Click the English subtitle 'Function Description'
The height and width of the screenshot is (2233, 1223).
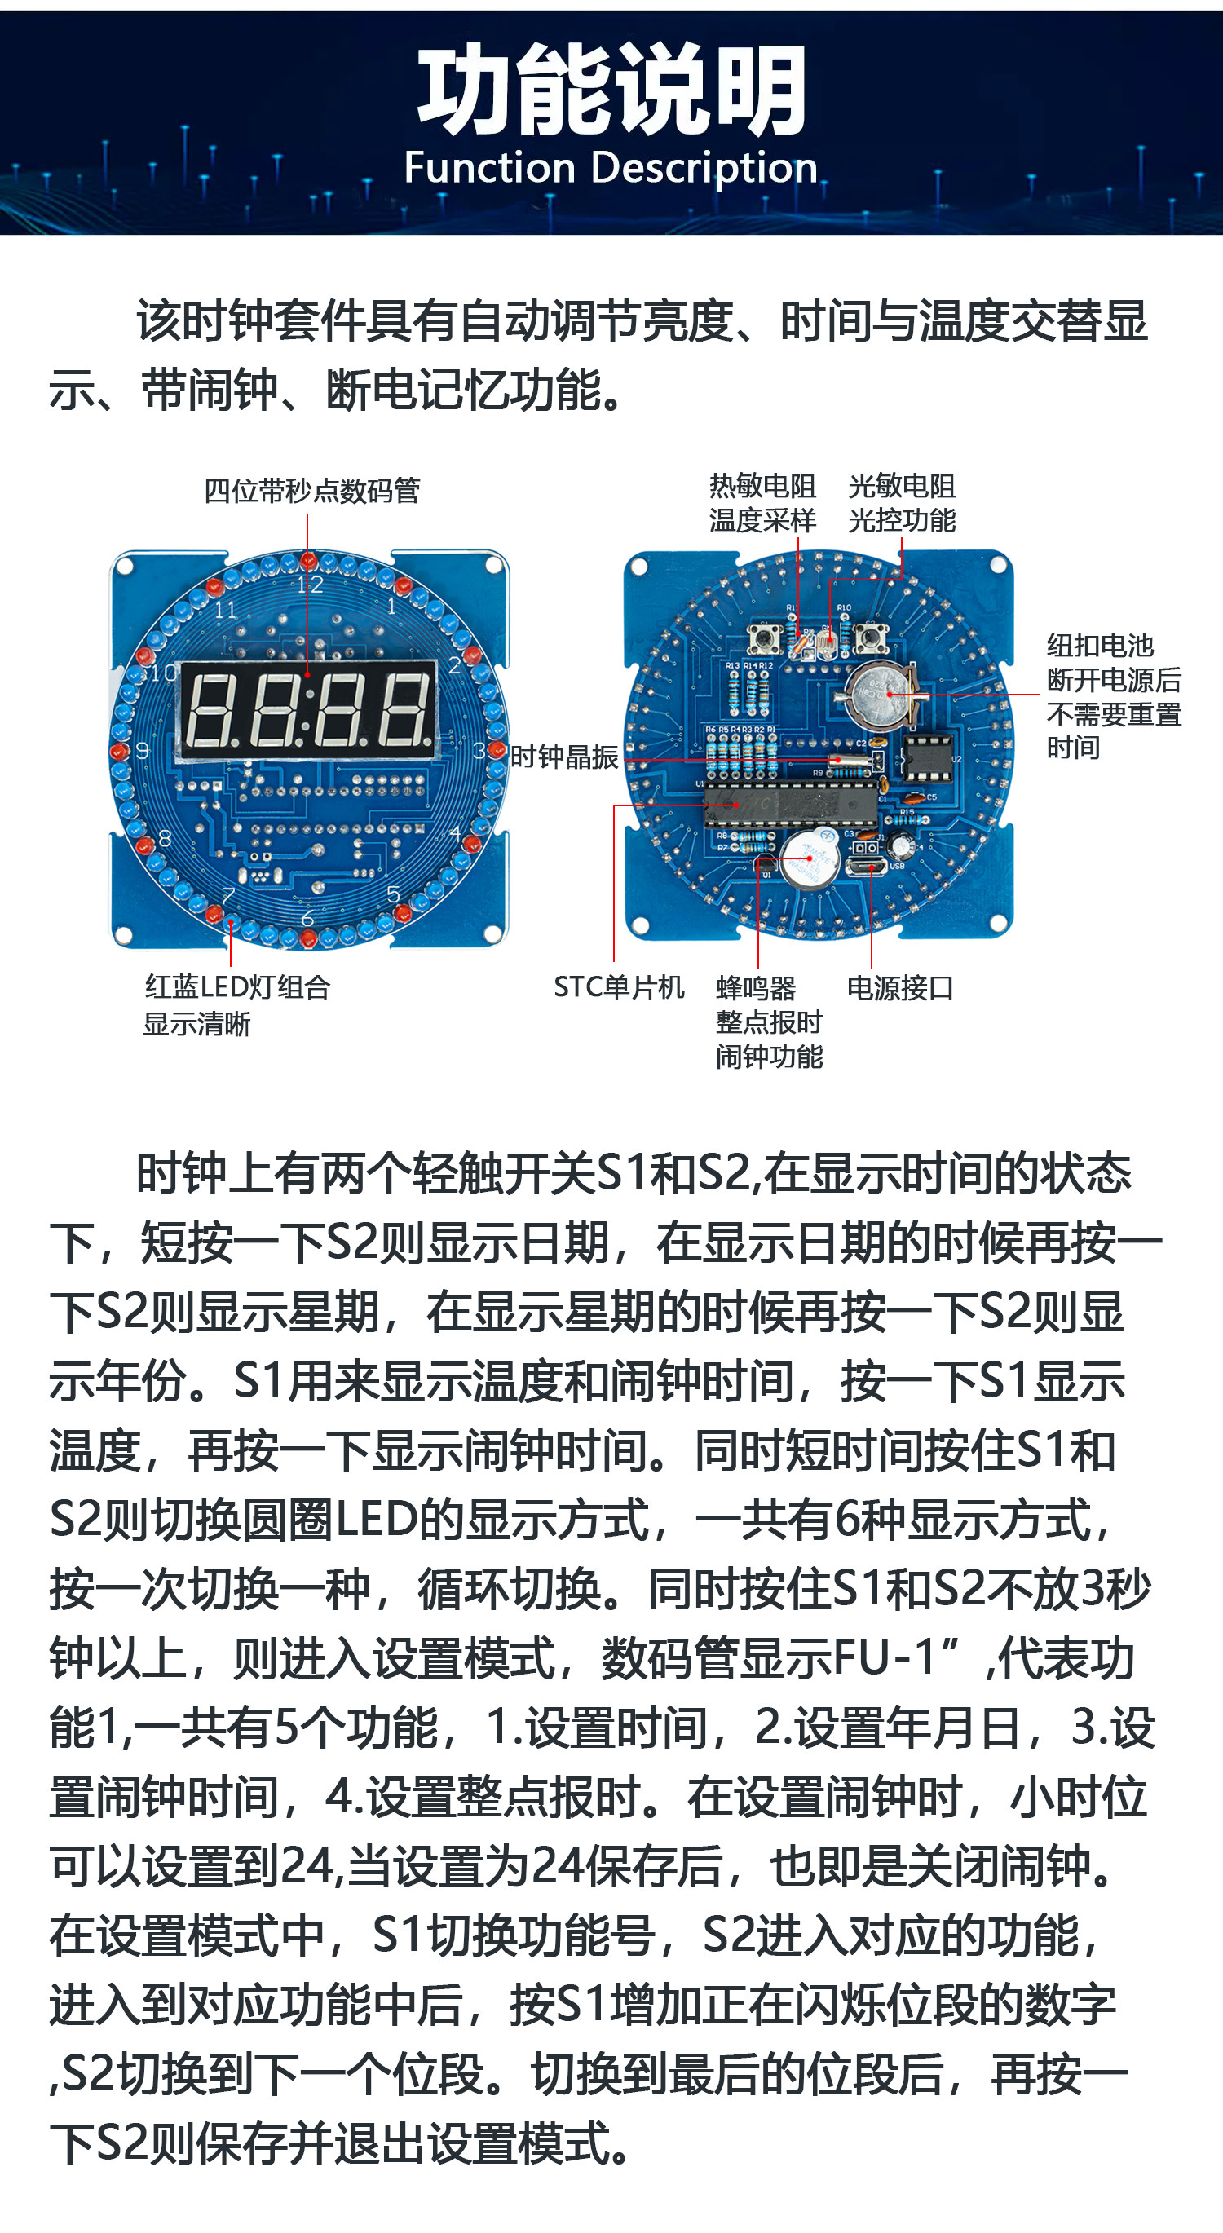pos(611,168)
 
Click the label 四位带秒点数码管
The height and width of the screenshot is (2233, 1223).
pos(312,491)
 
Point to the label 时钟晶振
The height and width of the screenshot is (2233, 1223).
pos(563,757)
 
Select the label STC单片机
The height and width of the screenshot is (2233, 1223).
pos(619,986)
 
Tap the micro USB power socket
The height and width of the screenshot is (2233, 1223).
pos(866,867)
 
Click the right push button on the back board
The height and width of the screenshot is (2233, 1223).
pos(870,639)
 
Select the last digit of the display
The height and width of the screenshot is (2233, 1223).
pos(407,710)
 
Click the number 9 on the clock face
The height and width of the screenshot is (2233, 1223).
pos(142,750)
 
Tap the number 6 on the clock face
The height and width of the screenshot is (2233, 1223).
pos(307,918)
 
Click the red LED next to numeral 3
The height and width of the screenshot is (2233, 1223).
pos(496,750)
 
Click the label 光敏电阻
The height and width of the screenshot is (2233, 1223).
pos(902,485)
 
